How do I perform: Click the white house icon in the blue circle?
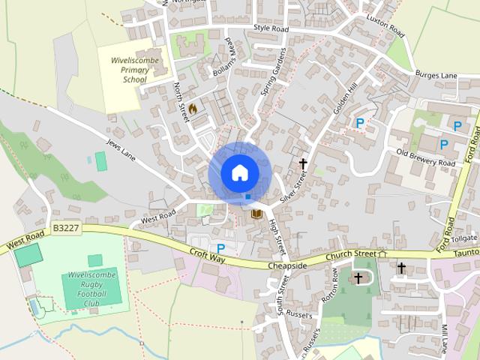pos(239,172)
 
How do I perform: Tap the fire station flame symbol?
pos(193,108)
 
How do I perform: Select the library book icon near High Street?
pos(256,215)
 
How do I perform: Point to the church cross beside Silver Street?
pos(304,163)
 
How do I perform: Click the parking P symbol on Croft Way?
pos(221,248)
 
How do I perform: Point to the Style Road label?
pos(271,28)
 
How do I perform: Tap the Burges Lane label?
pos(436,75)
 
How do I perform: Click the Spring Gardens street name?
pos(275,75)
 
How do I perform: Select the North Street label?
pos(181,100)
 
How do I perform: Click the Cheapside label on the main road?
pos(287,265)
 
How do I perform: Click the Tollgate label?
pos(465,238)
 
